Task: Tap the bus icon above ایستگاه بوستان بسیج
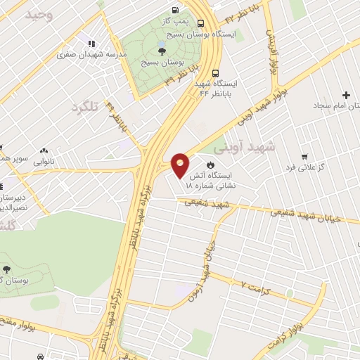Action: [201, 24]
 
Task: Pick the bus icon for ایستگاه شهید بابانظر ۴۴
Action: [215, 72]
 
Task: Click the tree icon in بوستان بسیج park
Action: [162, 51]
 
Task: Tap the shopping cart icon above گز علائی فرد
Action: [304, 157]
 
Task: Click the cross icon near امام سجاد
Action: [345, 95]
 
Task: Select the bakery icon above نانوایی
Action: [44, 150]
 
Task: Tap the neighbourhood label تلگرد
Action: [84, 106]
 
